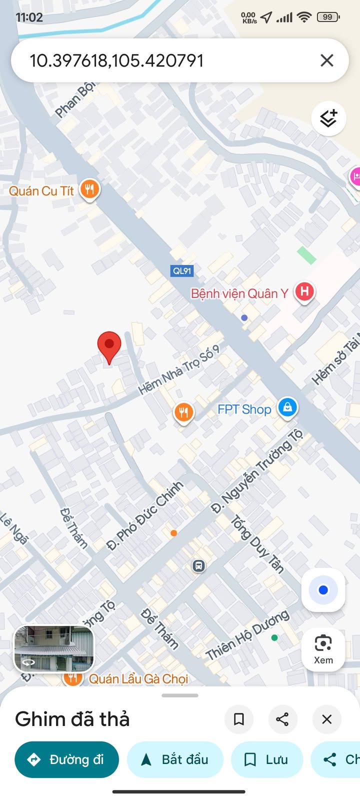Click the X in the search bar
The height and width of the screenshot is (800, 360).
point(326,60)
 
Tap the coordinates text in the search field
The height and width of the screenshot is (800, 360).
point(116,61)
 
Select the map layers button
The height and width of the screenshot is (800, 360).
point(328,118)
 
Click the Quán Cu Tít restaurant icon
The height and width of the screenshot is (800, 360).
point(89,189)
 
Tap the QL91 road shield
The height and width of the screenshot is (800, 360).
point(182,271)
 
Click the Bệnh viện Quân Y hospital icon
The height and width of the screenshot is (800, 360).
point(304,291)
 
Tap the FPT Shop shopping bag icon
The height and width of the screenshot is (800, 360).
point(287,407)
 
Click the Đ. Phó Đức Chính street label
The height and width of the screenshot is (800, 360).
point(145,515)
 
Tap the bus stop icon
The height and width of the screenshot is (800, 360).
point(198,566)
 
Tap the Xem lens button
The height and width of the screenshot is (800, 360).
point(323,649)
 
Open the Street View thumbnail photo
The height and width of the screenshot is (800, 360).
point(54,648)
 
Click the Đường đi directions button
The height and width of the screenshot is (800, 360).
point(66,759)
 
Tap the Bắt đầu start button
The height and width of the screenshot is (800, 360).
point(175,759)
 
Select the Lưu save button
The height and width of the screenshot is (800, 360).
point(267,759)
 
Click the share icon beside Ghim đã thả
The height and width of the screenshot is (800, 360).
point(282,719)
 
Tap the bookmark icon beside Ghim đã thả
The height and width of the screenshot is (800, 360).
point(239,719)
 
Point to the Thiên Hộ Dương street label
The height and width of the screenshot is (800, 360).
point(247,635)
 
